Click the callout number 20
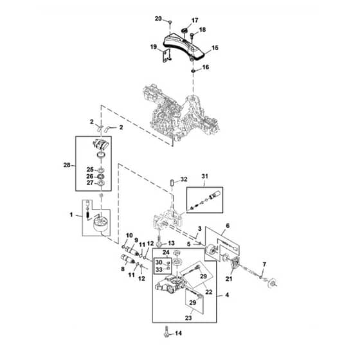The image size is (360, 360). click(x=158, y=19)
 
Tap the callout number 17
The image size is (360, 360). click(x=195, y=21)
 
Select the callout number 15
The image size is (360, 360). click(x=215, y=48)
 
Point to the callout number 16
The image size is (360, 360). click(x=206, y=67)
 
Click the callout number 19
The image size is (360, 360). click(x=154, y=47)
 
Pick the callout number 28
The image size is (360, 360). click(x=67, y=165)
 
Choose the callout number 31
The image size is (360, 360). click(x=204, y=176)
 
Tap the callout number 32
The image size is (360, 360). click(x=184, y=179)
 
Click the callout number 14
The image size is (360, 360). click(x=179, y=333)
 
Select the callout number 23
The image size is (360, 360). click(x=188, y=318)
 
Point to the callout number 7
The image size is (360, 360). click(x=264, y=265)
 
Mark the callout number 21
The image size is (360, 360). click(x=229, y=279)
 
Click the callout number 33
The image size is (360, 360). click(x=159, y=269)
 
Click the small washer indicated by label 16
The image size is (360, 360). click(x=194, y=71)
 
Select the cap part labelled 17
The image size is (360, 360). click(x=184, y=30)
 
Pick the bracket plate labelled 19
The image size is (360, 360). click(x=166, y=57)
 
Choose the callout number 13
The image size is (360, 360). click(x=171, y=243)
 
